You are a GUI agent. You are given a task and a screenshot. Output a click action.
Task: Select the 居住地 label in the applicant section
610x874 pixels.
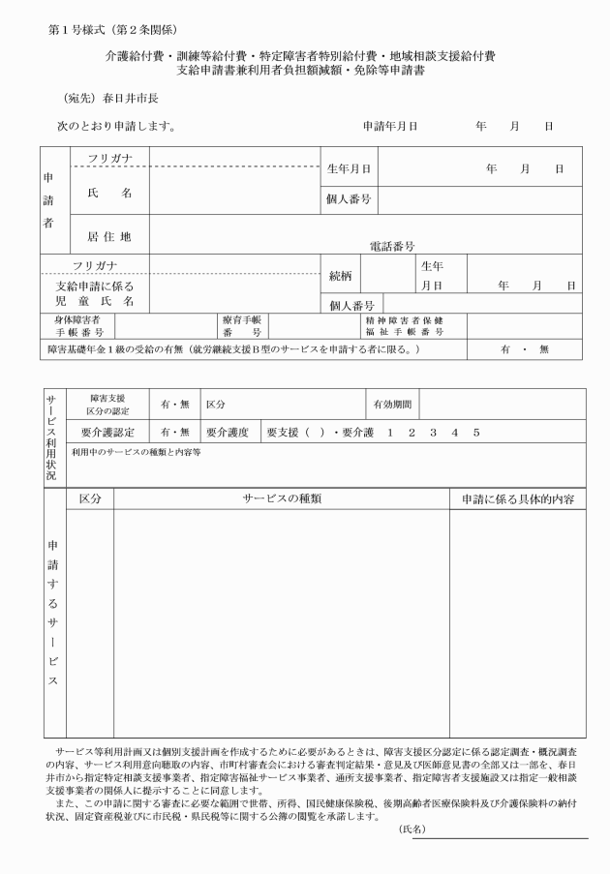click(x=108, y=235)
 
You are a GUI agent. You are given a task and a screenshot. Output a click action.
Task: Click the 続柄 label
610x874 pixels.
click(x=340, y=275)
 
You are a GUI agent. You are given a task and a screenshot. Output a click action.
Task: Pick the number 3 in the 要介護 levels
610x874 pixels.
click(x=433, y=432)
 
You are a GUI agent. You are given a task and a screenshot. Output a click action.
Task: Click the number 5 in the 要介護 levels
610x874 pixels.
click(x=475, y=432)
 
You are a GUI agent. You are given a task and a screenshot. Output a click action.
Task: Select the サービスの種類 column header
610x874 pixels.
click(x=281, y=499)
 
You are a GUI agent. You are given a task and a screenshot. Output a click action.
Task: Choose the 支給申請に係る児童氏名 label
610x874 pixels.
click(x=95, y=294)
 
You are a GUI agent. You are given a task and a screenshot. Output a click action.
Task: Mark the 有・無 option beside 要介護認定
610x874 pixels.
click(x=175, y=432)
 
